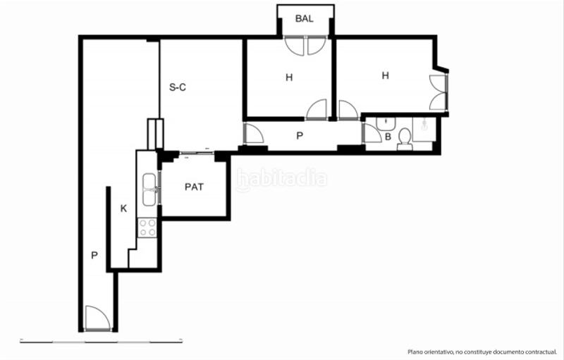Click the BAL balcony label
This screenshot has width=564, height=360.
[x=305, y=19]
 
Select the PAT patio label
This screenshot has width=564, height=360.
[x=195, y=187]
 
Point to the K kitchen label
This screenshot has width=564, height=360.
[x=124, y=209]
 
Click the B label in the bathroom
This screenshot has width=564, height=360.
[x=388, y=137]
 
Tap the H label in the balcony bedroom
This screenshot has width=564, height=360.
[x=289, y=77]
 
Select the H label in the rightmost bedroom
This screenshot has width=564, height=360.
[x=385, y=75]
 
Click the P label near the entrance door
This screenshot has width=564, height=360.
[x=94, y=256]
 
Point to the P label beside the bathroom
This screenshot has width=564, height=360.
[x=300, y=136]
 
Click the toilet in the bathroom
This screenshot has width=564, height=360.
[x=405, y=138]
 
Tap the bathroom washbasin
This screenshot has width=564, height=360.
[x=385, y=124]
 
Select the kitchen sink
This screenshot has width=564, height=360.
[x=149, y=189]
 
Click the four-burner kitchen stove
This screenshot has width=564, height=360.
[x=147, y=228]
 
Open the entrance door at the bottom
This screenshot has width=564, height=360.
[x=97, y=319]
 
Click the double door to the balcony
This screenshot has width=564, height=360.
[x=305, y=46]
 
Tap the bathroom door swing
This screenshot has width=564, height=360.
[x=372, y=134]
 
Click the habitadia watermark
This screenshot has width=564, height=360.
[x=282, y=180]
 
